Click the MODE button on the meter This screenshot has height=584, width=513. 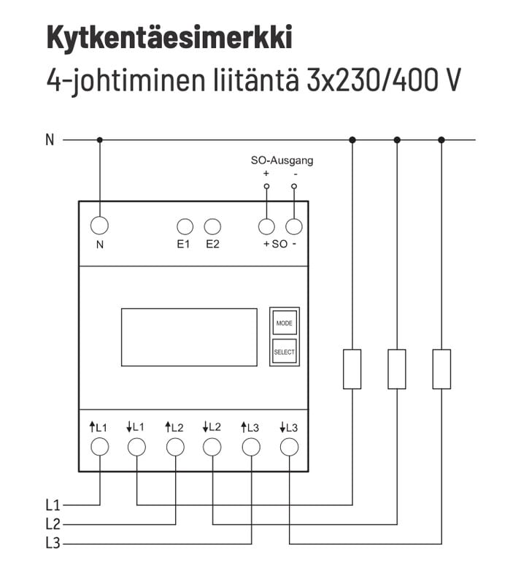coord(284,322)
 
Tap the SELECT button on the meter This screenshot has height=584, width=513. coord(284,352)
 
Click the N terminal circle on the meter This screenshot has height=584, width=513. coord(99,226)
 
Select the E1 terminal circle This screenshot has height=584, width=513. coord(185,226)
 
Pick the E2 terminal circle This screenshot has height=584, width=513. coord(212,226)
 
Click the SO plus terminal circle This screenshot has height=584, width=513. coord(267,226)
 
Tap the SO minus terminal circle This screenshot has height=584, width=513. coord(294,226)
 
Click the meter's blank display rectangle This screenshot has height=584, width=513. coord(189,337)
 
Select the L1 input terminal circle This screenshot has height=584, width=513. coord(99,447)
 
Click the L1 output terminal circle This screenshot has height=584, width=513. coord(137,447)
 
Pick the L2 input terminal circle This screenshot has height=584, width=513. coord(175,447)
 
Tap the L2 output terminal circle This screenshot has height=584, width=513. coord(212,447)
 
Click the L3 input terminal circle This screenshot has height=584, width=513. coord(251,447)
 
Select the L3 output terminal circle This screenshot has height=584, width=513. coord(289,447)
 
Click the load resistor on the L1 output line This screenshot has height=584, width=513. coord(352,369)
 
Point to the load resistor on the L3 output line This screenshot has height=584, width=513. coord(441,369)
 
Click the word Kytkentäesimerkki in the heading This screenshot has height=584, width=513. coord(169,37)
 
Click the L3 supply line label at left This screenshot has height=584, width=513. coord(52,543)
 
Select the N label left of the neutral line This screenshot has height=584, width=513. coord(50,139)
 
